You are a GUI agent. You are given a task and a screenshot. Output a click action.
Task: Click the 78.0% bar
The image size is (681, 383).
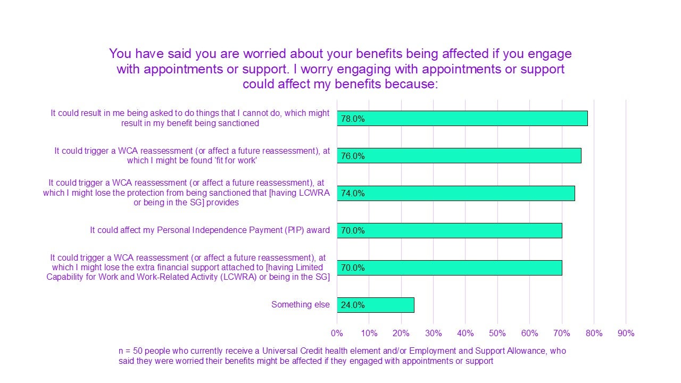[462, 119]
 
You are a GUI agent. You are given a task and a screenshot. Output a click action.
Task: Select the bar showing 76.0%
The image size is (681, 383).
[459, 156]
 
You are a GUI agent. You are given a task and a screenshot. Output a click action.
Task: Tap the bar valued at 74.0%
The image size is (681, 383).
[455, 193]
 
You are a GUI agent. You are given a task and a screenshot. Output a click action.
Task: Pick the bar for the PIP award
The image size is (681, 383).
[449, 230]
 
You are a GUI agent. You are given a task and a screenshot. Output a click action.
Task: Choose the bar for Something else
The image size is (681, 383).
[375, 305]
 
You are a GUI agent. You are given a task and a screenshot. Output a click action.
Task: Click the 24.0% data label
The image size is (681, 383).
[353, 305]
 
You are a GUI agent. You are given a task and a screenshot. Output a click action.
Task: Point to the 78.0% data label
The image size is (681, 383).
[353, 119]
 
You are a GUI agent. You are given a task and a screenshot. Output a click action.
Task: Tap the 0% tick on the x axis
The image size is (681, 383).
[337, 334]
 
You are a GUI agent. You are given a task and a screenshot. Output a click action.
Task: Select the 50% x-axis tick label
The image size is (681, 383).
[497, 334]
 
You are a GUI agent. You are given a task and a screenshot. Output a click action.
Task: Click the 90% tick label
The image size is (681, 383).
[626, 334]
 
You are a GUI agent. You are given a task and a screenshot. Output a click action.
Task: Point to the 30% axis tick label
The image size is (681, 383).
[433, 334]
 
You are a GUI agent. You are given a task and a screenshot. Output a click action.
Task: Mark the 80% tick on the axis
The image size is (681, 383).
[594, 334]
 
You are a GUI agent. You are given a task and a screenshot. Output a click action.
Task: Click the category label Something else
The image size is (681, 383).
[301, 305]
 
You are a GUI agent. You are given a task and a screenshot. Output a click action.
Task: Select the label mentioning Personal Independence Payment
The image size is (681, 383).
[210, 230]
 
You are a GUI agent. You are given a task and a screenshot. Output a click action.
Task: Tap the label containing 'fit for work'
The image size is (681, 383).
[192, 156]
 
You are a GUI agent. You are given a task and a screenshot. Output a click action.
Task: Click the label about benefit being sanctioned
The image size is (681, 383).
[190, 118]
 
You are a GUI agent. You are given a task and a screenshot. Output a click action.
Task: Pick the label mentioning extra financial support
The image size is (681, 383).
[188, 267]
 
